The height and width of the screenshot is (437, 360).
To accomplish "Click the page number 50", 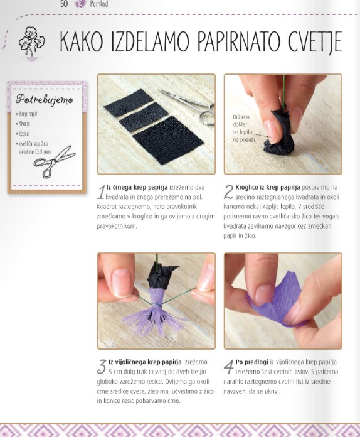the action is [64, 4].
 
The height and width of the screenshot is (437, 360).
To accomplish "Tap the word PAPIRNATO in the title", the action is [238, 41].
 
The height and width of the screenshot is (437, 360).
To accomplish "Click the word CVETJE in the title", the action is [315, 42].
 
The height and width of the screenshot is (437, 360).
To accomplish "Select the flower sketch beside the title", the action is [31, 42].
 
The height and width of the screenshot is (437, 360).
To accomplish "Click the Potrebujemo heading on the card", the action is [45, 99].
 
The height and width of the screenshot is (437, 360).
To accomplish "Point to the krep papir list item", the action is [27, 114].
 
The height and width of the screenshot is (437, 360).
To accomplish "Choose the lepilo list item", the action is [23, 134].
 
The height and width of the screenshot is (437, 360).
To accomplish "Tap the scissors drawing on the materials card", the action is [55, 161].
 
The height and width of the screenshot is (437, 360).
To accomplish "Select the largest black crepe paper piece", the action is [168, 140].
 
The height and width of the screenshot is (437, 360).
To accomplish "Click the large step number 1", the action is [102, 192].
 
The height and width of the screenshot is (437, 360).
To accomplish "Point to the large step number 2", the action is [228, 192].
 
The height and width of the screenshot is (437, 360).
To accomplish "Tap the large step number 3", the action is [102, 367].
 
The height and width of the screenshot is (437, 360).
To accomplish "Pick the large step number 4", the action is [228, 367].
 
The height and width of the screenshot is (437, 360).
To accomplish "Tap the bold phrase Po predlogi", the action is [251, 362].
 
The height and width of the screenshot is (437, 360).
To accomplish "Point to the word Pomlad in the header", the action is [99, 4].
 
